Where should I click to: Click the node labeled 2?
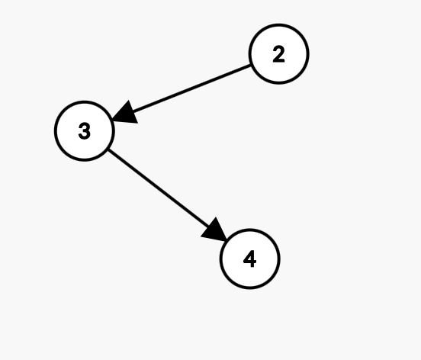coord(278,54)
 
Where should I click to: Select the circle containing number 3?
coord(85,131)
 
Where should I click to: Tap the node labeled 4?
coord(250,259)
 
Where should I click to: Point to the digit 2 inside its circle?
coord(278,54)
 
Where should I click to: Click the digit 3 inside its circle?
coord(85,131)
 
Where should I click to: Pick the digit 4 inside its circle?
coord(250,259)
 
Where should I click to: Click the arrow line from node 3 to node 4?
coord(168,195)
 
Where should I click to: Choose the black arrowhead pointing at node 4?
coord(215,231)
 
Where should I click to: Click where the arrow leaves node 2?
coord(250,65)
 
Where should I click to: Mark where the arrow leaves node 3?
coord(108,149)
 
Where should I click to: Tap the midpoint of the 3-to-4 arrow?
coord(168,195)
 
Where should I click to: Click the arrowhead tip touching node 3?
coord(112,120)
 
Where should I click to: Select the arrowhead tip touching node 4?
coord(227,241)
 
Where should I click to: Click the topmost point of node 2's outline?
coord(278,24)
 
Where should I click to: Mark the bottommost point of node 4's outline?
coord(250,288)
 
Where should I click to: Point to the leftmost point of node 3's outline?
coord(55,131)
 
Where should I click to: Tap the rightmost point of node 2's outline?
coord(309,54)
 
